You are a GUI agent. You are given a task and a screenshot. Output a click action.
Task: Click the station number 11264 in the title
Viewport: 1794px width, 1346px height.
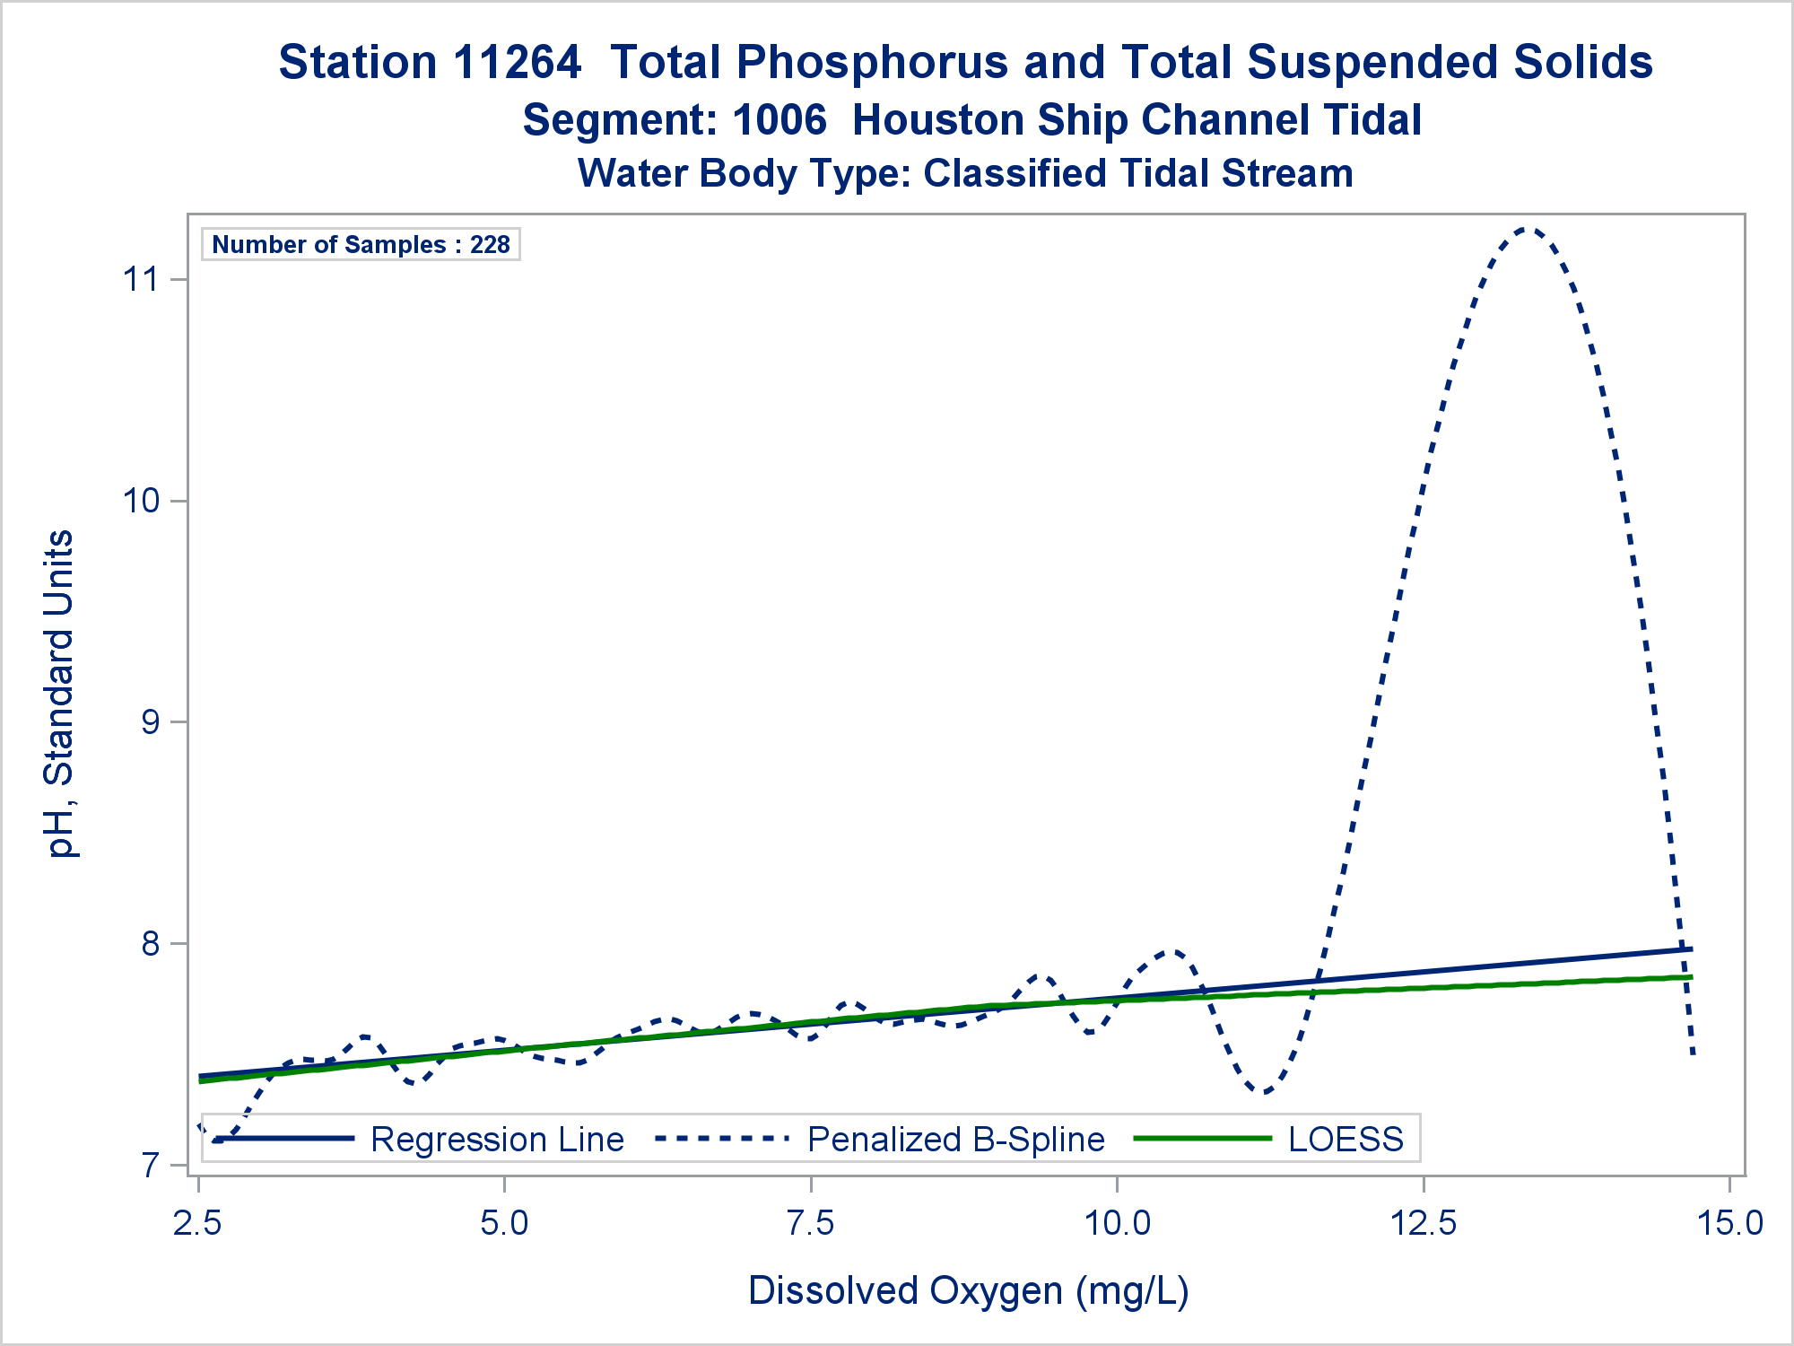[x=518, y=63]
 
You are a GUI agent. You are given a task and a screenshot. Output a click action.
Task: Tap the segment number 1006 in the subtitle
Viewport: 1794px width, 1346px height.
[x=779, y=120]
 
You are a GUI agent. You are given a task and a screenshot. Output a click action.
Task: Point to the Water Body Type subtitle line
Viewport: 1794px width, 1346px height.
[x=965, y=173]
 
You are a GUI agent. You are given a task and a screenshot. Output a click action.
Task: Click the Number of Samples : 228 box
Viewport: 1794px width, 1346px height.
[x=361, y=245]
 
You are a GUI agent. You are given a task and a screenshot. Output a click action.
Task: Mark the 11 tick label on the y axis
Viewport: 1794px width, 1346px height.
[x=140, y=279]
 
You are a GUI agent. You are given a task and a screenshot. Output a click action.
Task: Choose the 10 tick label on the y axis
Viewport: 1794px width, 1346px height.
[x=140, y=501]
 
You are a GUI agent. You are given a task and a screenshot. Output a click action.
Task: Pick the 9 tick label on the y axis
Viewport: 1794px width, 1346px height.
[x=150, y=722]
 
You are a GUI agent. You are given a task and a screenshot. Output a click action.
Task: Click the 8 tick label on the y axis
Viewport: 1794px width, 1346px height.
[x=150, y=944]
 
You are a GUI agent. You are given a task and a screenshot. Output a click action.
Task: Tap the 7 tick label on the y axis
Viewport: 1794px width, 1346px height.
[x=150, y=1166]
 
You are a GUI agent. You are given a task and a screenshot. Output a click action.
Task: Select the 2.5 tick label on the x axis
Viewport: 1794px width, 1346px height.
[x=198, y=1223]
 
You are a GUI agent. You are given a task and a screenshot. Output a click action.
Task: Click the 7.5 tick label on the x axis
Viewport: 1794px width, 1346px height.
[x=811, y=1223]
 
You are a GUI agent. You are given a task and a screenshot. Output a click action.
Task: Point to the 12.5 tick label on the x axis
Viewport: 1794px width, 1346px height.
[x=1424, y=1223]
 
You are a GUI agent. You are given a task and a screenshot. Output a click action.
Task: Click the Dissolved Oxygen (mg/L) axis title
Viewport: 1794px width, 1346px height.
[x=969, y=1290]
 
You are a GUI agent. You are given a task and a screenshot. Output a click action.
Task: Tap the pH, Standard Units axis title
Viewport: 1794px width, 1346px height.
[x=60, y=694]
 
